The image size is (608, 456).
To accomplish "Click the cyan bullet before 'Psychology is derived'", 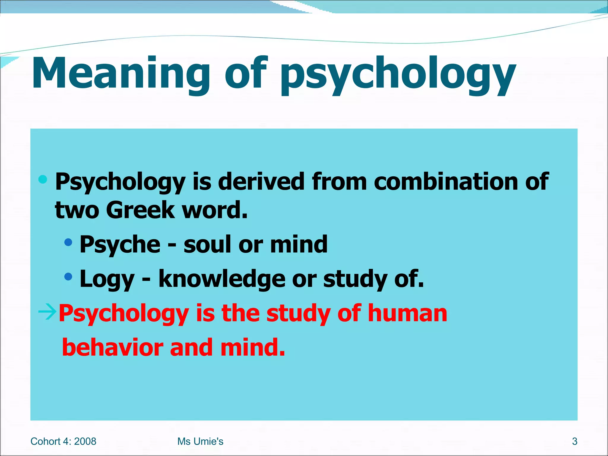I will [43, 179].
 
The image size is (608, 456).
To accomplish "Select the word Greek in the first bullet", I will [140, 210].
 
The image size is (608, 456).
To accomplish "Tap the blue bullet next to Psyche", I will [68, 243].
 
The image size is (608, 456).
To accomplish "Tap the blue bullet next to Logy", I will [68, 277].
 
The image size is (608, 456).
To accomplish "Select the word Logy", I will [107, 279].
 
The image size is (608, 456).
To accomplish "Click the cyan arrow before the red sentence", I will [47, 312].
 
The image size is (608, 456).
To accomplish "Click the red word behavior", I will [113, 347].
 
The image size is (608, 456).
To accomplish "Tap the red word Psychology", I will [123, 313].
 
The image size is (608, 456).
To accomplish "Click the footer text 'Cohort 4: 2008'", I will [63, 441].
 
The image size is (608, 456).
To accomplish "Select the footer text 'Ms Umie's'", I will [200, 441].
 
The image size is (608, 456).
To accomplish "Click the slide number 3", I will [575, 441].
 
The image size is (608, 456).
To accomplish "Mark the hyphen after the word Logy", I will [146, 279].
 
